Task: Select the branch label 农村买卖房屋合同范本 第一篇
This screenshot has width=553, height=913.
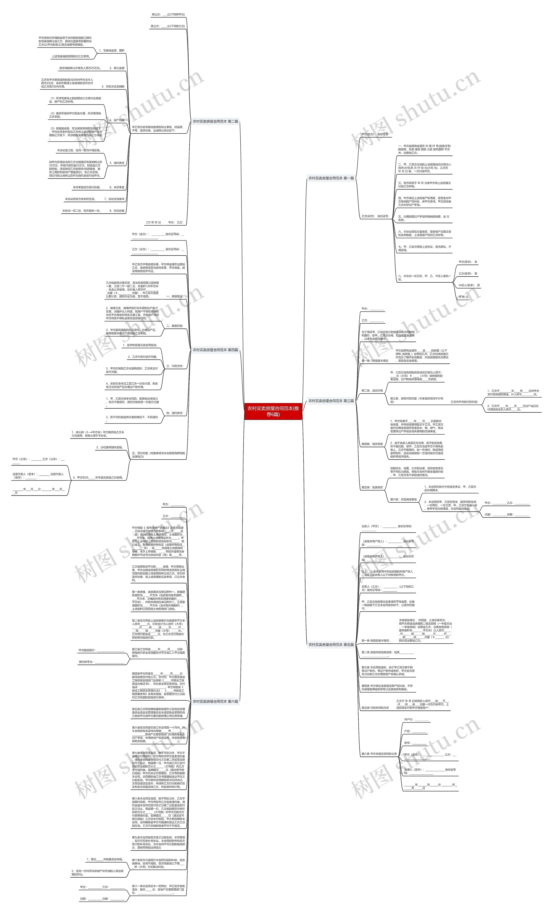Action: tap(331, 178)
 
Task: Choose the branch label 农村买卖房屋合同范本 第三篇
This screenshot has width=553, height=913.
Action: tap(331, 401)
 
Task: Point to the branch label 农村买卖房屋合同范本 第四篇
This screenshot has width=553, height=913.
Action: tap(215, 350)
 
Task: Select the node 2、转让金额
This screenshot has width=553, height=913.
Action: tap(117, 68)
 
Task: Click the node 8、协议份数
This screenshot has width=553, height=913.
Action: tap(117, 211)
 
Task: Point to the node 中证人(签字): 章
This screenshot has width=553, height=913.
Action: tap(469, 285)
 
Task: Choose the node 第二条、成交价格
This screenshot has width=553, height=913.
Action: tap(372, 391)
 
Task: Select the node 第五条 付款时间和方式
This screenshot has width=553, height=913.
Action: tap(375, 708)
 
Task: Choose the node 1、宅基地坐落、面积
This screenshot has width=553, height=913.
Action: tap(111, 50)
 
